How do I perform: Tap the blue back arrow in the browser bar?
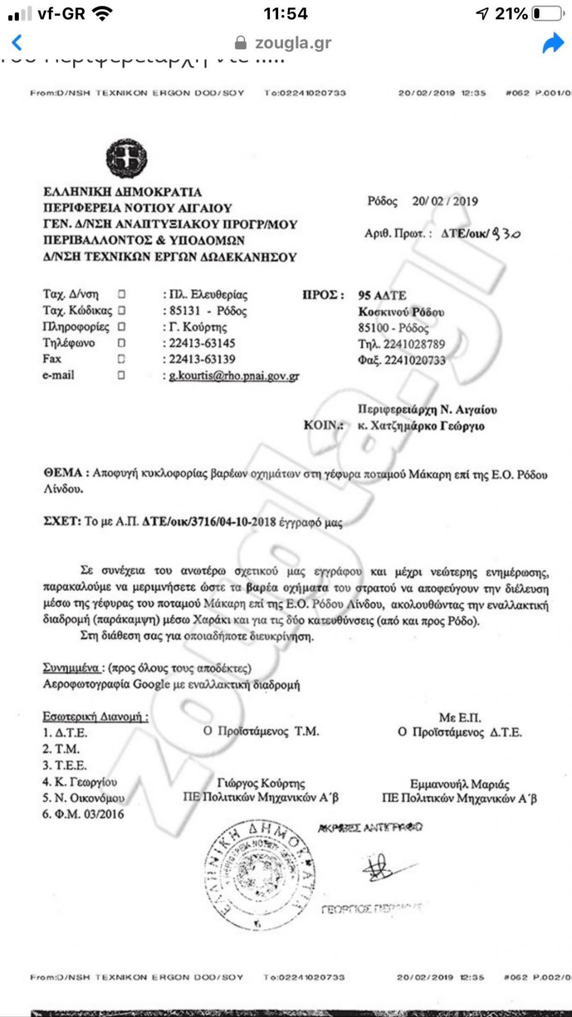17,42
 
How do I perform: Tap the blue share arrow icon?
553,43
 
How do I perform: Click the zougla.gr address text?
293,43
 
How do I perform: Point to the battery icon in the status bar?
548,14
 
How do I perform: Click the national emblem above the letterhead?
127,158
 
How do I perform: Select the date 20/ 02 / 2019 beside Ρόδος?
445,201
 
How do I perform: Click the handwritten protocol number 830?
506,234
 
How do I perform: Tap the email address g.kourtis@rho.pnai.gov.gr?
234,376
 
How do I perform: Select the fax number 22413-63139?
202,359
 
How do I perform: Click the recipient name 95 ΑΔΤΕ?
382,295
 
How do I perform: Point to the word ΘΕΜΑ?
63,473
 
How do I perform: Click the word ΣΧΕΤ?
62,522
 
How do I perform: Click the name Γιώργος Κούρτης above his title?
261,783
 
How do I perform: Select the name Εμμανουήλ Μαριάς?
460,784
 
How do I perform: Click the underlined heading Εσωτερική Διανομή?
95,716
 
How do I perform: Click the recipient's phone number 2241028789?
414,344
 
